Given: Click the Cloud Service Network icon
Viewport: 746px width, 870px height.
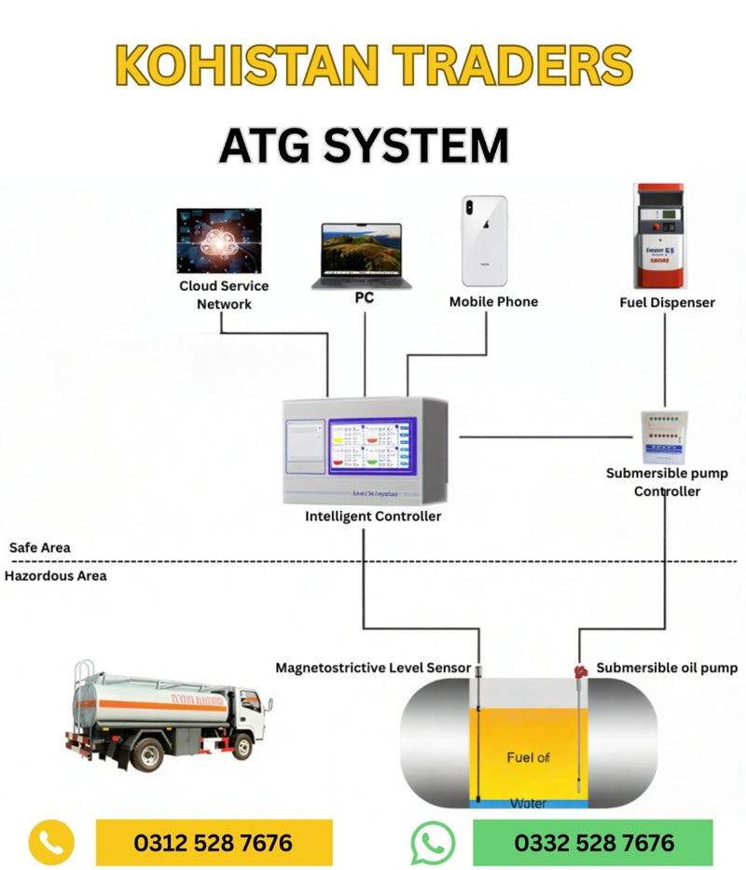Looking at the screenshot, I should tap(219, 240).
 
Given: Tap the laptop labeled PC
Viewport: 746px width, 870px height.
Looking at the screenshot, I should tap(362, 254).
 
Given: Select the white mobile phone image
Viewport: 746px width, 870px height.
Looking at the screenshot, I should tap(485, 240).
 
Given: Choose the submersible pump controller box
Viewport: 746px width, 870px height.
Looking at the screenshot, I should tap(666, 436).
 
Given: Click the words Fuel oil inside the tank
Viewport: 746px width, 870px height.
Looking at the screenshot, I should tap(528, 757).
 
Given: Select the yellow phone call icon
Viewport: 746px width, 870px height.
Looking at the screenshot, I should tap(51, 843).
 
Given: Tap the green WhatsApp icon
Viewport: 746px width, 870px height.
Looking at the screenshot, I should tap(434, 843).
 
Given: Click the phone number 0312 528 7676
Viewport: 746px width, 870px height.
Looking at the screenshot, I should tap(214, 843).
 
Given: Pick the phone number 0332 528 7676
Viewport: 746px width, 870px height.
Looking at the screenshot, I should tap(594, 843).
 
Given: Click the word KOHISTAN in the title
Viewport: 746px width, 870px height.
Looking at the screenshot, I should tap(242, 65).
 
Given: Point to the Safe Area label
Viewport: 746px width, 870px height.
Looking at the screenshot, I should tap(40, 547).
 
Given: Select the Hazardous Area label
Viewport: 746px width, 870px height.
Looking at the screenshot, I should tap(56, 575).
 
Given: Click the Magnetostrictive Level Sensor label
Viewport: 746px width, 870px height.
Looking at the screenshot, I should tap(373, 668).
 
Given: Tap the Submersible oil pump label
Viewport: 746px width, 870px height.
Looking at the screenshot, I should tap(667, 668).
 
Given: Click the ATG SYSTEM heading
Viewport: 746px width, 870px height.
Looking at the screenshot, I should tap(364, 145).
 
